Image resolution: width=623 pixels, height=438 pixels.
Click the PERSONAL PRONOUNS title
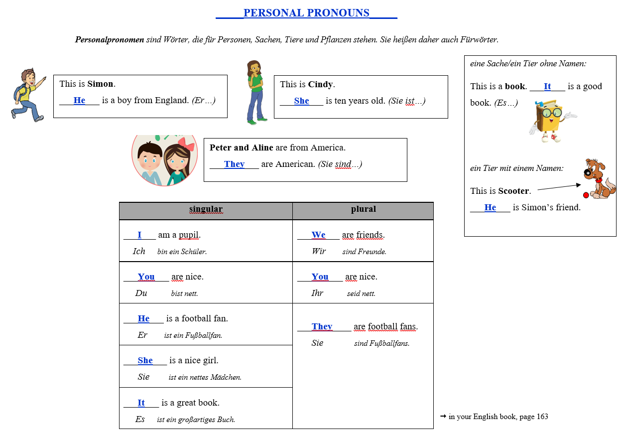point(306,13)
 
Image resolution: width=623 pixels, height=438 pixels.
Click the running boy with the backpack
point(28,95)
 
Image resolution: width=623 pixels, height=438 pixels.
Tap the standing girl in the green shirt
point(255,92)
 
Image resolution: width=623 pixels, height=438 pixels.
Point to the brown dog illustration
point(600,179)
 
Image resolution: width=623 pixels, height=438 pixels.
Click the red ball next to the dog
point(586,195)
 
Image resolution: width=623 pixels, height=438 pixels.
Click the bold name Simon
point(101,84)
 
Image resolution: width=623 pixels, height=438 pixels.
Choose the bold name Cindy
point(321,84)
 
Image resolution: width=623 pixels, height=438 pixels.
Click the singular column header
point(206,209)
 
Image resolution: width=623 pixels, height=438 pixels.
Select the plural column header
point(363,209)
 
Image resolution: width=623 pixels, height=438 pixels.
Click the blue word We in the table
point(318,235)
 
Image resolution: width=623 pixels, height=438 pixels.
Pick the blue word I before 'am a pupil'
point(139,235)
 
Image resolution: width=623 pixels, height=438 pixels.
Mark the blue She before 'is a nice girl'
point(145,360)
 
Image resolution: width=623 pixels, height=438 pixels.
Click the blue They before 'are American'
point(234,164)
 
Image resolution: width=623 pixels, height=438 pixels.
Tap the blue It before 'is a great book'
point(141,403)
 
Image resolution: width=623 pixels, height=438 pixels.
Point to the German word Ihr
point(317,293)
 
